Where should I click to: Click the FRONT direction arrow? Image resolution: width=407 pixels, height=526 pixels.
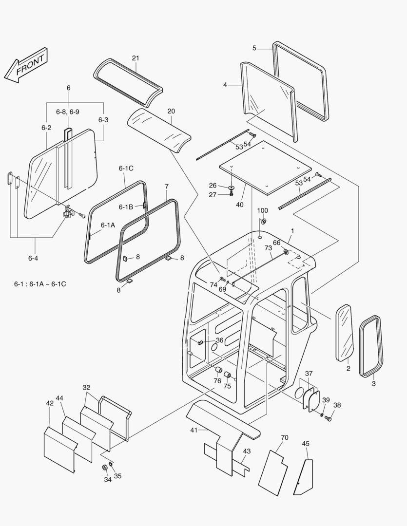pos(25,65)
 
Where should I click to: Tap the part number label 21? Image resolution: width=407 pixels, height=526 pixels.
pos(136,58)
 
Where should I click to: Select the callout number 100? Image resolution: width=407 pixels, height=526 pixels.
pos(263,210)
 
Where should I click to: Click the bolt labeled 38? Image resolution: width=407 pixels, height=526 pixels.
pos(328,418)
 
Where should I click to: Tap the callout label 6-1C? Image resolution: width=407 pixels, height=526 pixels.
pos(126,169)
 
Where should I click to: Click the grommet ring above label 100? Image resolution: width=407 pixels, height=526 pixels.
pos(264,222)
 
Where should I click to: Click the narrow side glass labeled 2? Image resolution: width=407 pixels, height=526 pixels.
pos(345,333)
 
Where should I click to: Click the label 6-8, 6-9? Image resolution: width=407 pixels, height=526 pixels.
pos(67,112)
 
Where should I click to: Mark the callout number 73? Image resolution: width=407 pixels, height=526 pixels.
pos(268,248)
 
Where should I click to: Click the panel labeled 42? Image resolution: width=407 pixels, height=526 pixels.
pos(59,449)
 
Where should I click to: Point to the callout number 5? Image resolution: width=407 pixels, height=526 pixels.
pos(254,48)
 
